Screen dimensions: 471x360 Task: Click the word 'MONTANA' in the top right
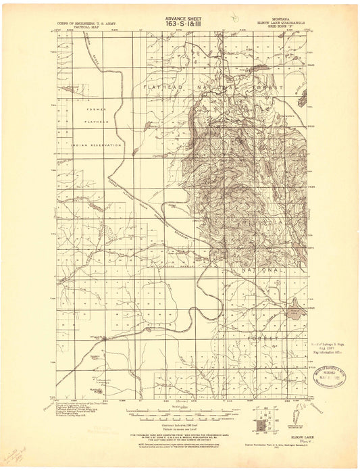click(x=277, y=19)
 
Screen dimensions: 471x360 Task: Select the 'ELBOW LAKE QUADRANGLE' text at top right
click(x=277, y=22)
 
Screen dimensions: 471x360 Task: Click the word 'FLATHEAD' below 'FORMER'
click(x=97, y=122)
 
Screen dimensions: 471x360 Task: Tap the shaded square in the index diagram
click(x=261, y=426)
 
